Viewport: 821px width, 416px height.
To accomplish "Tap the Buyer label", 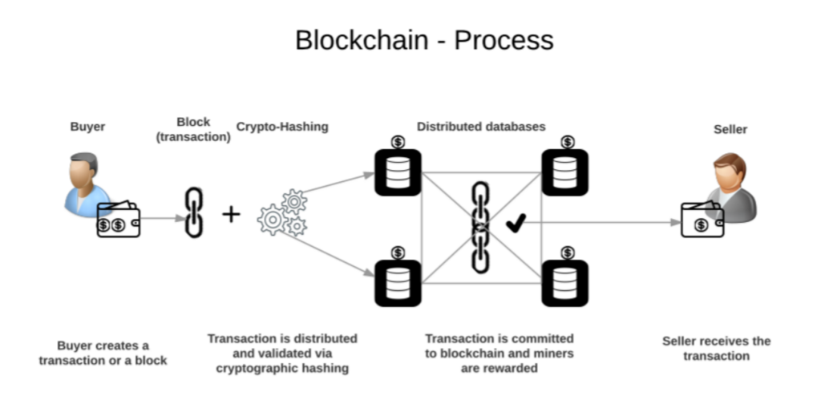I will pyautogui.click(x=87, y=127).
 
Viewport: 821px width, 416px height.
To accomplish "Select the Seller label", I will pyautogui.click(x=730, y=130).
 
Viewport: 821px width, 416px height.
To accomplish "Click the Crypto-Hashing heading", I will pyautogui.click(x=282, y=127).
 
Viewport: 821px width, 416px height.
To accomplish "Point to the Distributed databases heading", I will pyautogui.click(x=481, y=127).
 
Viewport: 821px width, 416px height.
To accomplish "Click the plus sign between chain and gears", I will pyautogui.click(x=231, y=214).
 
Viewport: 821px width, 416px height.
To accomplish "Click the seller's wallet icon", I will pyautogui.click(x=702, y=220).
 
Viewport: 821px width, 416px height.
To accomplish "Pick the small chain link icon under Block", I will pyautogui.click(x=194, y=212).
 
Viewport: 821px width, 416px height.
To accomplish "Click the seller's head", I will pyautogui.click(x=730, y=170).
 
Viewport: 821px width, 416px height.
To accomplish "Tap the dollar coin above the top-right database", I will pyautogui.click(x=568, y=142).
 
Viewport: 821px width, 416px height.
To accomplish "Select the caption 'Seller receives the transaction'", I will pyautogui.click(x=716, y=348).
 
